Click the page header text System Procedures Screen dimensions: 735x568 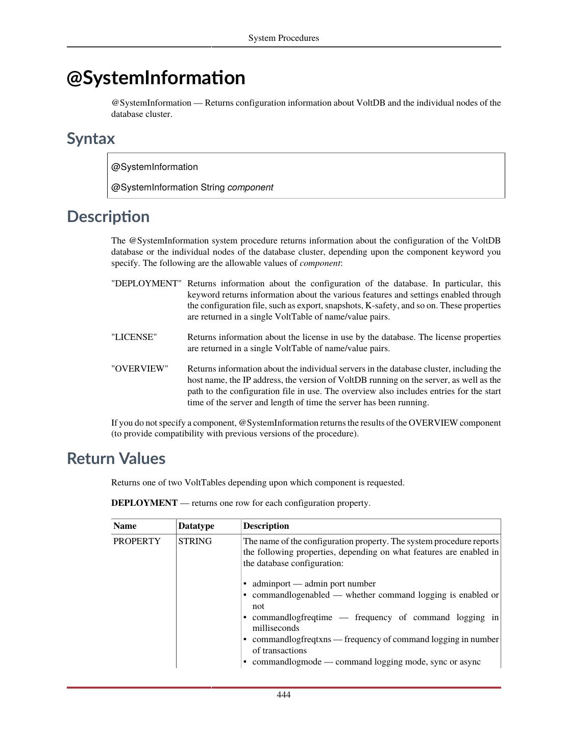point(283,38)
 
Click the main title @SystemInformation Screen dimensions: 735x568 point(156,78)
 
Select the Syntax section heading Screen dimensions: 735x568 point(91,138)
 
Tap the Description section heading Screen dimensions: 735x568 point(108,216)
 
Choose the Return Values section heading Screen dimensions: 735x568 point(116,458)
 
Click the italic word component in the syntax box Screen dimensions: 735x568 point(250,187)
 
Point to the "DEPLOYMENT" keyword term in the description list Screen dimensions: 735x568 point(146,284)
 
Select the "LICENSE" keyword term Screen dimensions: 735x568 point(134,337)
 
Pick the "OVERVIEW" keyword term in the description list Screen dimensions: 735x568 point(140,369)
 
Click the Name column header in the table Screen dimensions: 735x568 point(125,526)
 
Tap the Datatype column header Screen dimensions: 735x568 point(196,526)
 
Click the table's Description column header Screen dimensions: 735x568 point(266,526)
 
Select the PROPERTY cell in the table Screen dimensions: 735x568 point(137,542)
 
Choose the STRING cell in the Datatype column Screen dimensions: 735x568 point(195,542)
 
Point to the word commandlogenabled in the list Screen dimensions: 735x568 point(291,595)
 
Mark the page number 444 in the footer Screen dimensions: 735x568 point(284,695)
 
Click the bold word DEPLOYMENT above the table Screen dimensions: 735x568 point(144,503)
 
